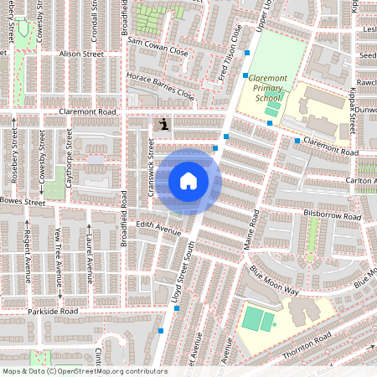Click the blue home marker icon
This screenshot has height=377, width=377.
pyautogui.click(x=188, y=181)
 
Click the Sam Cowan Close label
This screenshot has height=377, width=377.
pyautogui.click(x=157, y=45)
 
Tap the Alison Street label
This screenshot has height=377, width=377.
pyautogui.click(x=80, y=54)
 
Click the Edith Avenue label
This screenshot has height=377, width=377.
pyautogui.click(x=158, y=228)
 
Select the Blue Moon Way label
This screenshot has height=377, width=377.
pyautogui.click(x=274, y=280)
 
